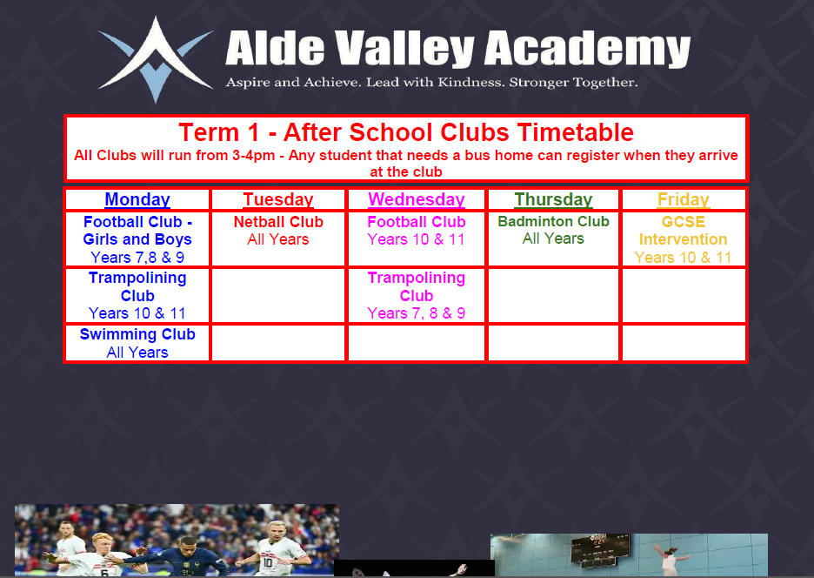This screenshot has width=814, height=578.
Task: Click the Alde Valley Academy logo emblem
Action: (x=155, y=60)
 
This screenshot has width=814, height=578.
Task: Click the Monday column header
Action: (x=137, y=199)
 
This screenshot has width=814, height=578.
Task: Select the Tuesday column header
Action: (x=278, y=199)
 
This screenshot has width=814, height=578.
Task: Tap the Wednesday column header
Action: (x=417, y=199)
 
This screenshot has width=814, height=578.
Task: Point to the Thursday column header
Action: (x=553, y=199)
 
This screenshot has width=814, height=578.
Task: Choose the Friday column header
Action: (x=684, y=199)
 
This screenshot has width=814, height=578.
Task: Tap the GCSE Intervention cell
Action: (x=684, y=239)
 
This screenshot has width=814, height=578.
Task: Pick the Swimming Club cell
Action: (x=137, y=343)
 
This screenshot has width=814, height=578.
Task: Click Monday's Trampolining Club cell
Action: (x=137, y=295)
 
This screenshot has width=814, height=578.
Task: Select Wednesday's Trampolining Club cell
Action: (x=417, y=295)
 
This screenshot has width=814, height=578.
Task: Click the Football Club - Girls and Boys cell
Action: (x=137, y=239)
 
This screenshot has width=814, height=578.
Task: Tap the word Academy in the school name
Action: (x=587, y=49)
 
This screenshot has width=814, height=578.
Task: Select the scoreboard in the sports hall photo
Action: (x=600, y=549)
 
